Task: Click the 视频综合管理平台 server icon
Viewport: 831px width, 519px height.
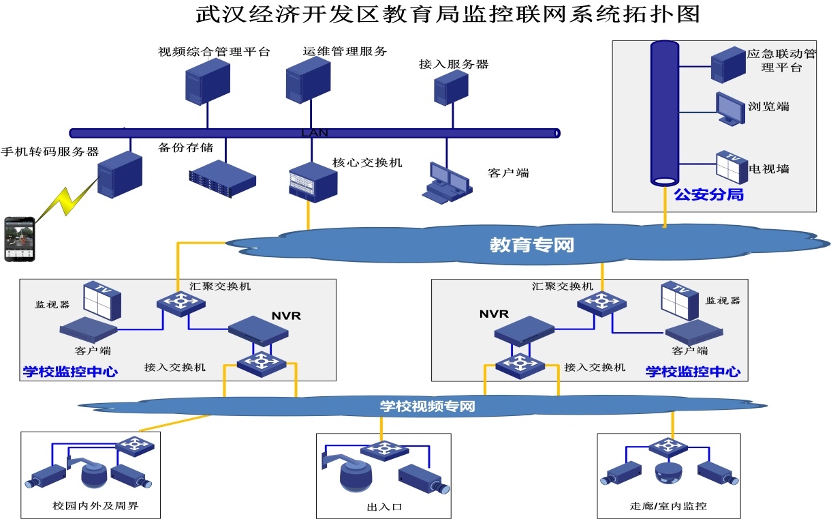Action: point(207,80)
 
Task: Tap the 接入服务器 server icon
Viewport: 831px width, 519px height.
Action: point(451,87)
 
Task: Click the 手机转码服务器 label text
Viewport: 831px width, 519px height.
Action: point(50,151)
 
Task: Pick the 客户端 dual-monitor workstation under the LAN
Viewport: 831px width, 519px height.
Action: point(446,183)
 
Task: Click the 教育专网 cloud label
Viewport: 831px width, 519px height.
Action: point(532,245)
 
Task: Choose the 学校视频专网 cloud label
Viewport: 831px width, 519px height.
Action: point(427,406)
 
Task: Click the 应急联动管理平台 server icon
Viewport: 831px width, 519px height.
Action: point(728,65)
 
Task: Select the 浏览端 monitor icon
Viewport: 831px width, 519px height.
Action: point(730,108)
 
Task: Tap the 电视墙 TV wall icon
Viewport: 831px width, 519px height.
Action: point(732,166)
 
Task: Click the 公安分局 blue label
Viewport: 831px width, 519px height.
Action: point(708,195)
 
